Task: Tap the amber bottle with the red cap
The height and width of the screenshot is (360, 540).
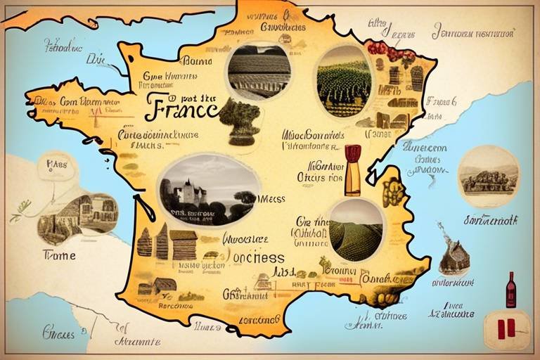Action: tap(352, 171)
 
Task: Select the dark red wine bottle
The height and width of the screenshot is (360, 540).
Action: tap(510, 290)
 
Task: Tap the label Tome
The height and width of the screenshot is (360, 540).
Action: tap(59, 255)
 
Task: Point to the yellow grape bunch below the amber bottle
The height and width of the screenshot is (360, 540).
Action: tap(392, 191)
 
